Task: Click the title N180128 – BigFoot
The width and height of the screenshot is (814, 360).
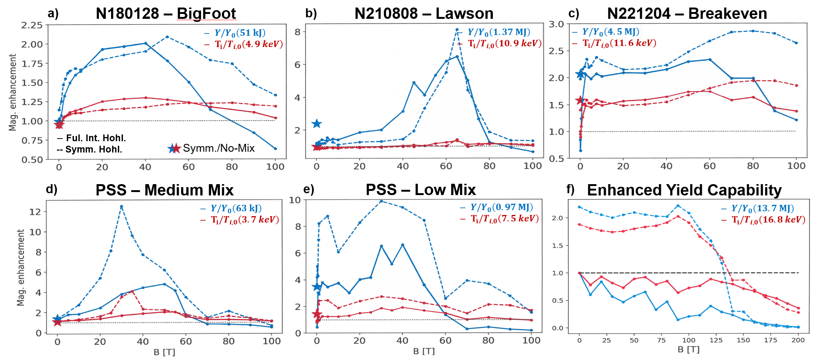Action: (166, 14)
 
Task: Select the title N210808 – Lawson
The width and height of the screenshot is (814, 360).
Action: (424, 14)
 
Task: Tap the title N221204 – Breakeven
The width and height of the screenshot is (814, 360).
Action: (687, 14)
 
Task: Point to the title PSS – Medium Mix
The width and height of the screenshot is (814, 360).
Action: (165, 190)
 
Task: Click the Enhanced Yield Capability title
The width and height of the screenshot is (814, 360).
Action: (684, 190)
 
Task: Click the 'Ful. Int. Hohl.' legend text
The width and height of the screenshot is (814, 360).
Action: (96, 138)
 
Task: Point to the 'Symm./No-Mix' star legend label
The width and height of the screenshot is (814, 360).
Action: (219, 148)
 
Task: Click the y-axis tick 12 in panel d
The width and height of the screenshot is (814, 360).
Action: (35, 212)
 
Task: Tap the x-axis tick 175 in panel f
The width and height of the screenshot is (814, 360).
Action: (770, 340)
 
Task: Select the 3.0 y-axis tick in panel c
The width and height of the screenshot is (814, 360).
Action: (556, 24)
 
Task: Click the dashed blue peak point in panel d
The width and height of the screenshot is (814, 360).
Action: (121, 206)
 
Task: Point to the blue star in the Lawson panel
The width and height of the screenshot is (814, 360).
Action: (317, 124)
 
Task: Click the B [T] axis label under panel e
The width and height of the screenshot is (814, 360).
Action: (424, 351)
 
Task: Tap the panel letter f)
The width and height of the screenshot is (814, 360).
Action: (570, 189)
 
